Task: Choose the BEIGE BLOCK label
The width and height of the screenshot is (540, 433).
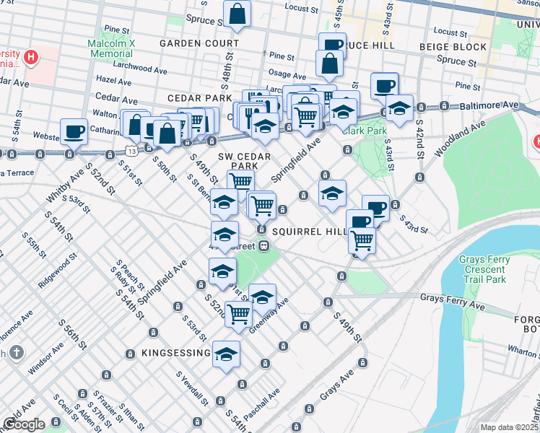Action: [453, 47]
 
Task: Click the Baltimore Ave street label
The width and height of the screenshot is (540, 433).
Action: [494, 105]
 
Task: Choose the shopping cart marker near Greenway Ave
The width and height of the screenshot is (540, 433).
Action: [238, 313]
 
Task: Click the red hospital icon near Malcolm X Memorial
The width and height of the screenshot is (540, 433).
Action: [31, 56]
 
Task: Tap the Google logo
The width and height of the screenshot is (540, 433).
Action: [23, 424]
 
